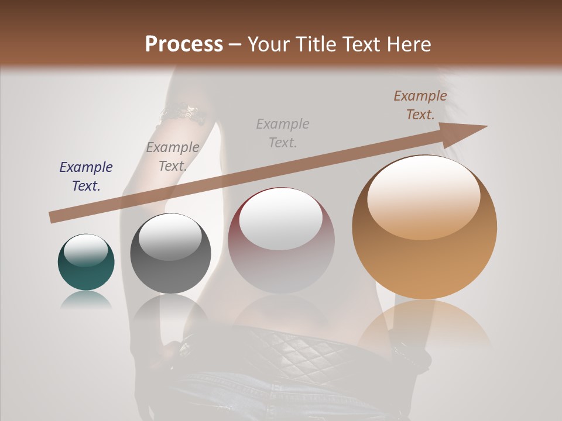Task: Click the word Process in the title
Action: coord(184,44)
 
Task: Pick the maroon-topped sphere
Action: coord(282,241)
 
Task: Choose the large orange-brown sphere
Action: coord(424,227)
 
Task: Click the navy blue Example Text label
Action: coord(85,176)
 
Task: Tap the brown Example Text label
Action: coord(420,105)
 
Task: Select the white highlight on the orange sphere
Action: coord(424,196)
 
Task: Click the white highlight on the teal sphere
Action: coord(85,250)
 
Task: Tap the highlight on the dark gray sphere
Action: coord(170,236)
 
